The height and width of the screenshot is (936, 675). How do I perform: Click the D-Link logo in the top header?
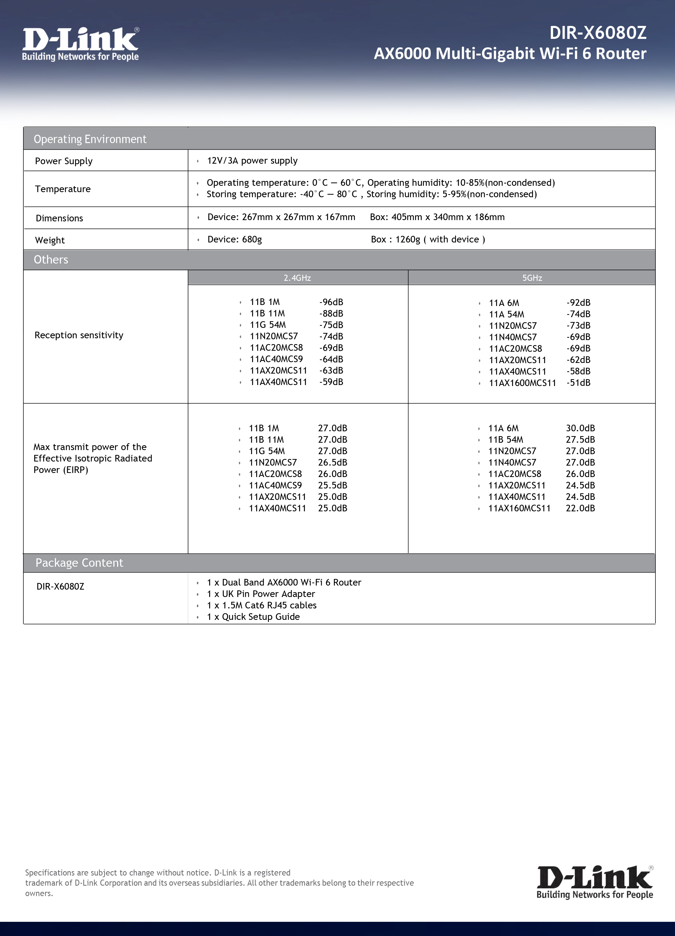(x=81, y=44)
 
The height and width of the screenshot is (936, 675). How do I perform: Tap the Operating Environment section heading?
(x=90, y=139)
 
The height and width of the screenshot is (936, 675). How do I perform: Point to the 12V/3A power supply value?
(x=252, y=161)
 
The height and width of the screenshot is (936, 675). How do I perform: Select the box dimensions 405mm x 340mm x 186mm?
(x=437, y=217)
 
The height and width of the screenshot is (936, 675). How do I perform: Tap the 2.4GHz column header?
(x=297, y=278)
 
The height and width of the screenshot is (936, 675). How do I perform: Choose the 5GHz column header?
(x=532, y=278)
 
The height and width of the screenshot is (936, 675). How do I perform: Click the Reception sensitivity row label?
(x=79, y=335)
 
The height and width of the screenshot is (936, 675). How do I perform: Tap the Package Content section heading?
(x=79, y=563)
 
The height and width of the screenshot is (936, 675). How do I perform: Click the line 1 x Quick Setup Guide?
(x=253, y=617)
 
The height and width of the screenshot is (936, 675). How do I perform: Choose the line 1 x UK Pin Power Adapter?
(x=261, y=594)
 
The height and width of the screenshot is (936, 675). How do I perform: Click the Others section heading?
(x=51, y=259)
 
